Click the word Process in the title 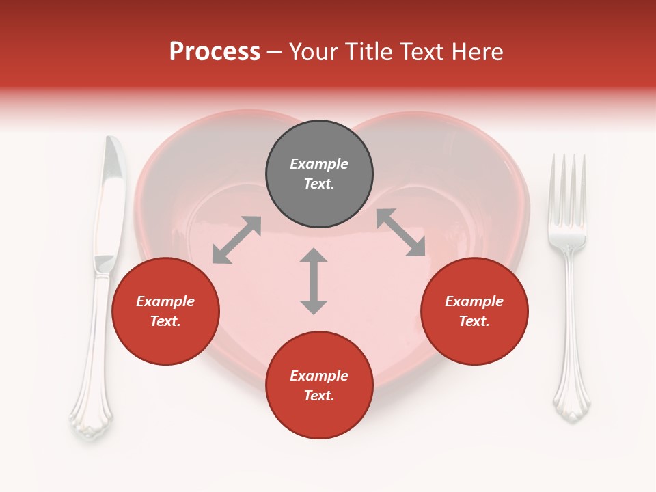pyautogui.click(x=215, y=52)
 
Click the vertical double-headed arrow pyautogui.click(x=314, y=281)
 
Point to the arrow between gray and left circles pyautogui.click(x=236, y=240)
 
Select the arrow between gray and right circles pyautogui.click(x=401, y=233)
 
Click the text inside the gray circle pyautogui.click(x=319, y=174)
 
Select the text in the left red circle pyautogui.click(x=165, y=311)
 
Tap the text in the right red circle pyautogui.click(x=474, y=311)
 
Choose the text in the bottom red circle pyautogui.click(x=319, y=385)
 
